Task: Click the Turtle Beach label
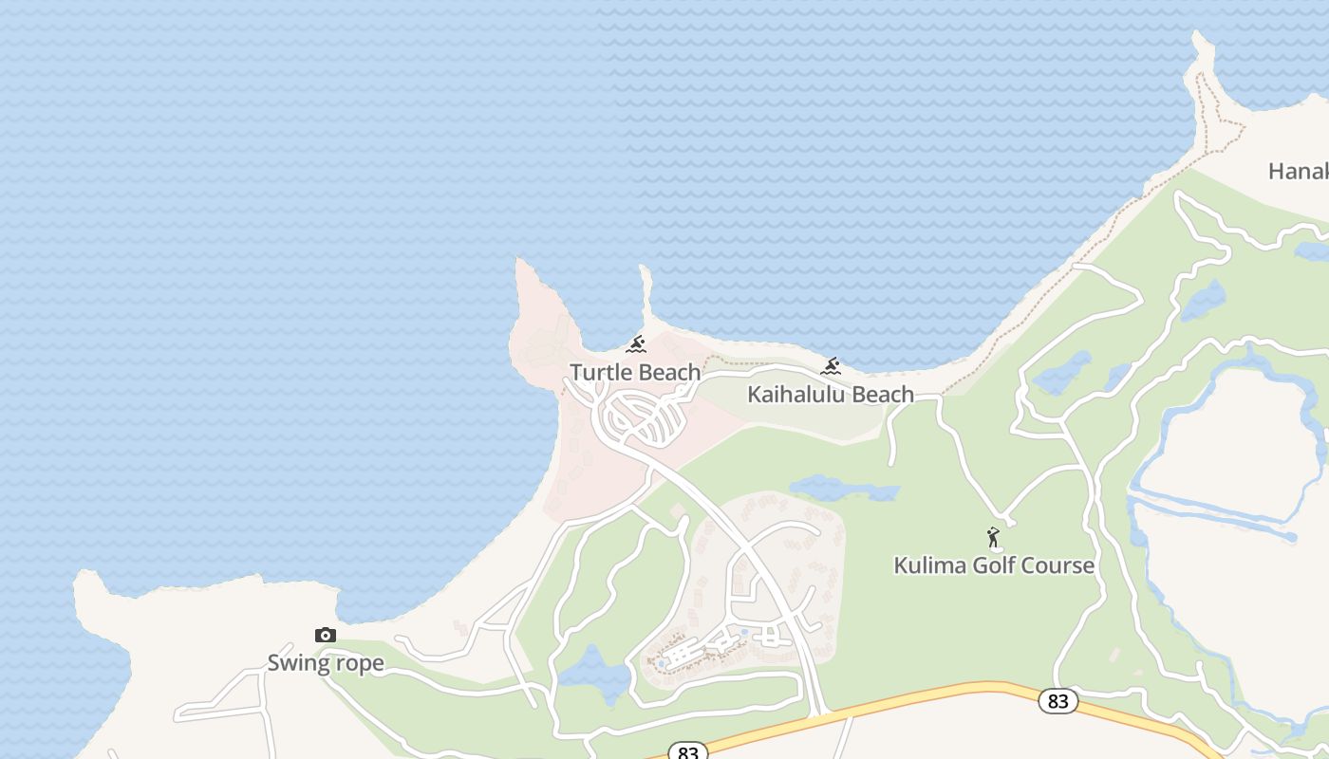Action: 635,372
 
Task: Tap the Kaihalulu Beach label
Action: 831,394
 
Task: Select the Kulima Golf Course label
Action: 994,565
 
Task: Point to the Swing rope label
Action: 326,662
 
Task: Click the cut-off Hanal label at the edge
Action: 1298,171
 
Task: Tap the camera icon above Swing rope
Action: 326,636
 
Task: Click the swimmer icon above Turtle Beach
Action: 636,344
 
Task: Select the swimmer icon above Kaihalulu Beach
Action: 832,366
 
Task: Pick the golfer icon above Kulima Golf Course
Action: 994,538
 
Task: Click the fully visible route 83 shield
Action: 1058,701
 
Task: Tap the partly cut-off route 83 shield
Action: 688,752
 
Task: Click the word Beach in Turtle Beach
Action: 669,372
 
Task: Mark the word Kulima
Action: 927,565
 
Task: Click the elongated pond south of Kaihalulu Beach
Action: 843,490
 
